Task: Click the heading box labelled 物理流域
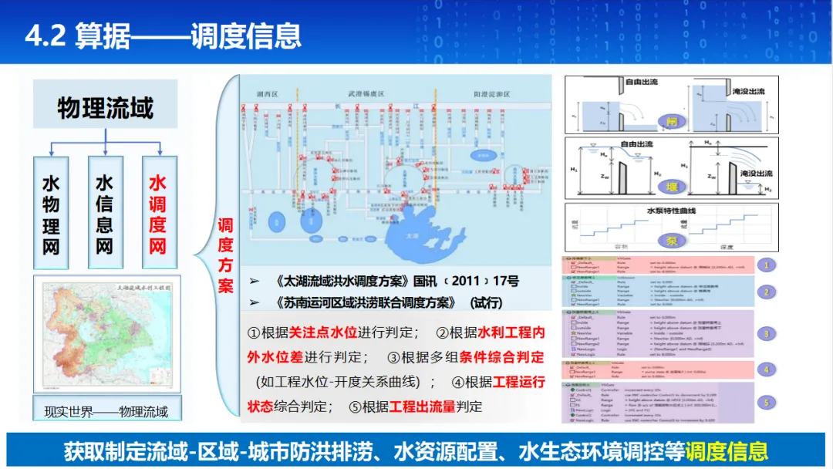pos(105,106)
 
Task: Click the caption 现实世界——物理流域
pos(106,411)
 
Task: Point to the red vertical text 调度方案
pos(224,255)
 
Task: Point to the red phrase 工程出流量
pos(423,407)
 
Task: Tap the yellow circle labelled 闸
pos(670,121)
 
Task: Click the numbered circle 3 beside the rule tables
pos(765,334)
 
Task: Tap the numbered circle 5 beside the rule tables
pos(765,402)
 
